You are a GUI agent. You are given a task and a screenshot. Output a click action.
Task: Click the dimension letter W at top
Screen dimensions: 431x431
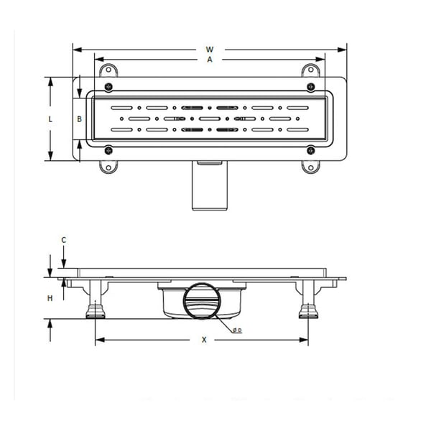click(210, 50)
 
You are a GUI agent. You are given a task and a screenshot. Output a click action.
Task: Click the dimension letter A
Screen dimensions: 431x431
click(210, 60)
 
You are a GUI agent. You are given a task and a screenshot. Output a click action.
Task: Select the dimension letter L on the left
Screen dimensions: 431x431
click(50, 120)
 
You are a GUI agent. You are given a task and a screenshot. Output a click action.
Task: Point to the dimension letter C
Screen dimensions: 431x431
click(64, 239)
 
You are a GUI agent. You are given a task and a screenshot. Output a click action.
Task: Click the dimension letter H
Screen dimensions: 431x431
click(50, 297)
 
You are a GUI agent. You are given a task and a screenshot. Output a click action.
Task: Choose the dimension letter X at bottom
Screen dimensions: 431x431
click(204, 340)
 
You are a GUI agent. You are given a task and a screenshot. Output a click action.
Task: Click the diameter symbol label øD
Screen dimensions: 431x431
click(236, 330)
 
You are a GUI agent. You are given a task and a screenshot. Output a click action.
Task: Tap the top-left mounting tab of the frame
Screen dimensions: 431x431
click(109, 70)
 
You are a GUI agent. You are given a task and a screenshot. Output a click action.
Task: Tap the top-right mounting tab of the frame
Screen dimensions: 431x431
click(310, 70)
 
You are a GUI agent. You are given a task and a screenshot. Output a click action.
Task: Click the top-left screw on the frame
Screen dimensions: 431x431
click(108, 88)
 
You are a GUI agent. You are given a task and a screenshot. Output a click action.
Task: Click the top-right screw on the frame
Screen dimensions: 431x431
click(311, 88)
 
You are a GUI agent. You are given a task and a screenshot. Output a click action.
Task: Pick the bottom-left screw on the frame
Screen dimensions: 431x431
click(108, 151)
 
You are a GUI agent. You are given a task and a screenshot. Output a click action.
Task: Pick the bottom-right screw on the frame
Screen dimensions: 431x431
click(311, 151)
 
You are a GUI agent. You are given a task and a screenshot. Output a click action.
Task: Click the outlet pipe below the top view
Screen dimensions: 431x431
click(208, 187)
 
